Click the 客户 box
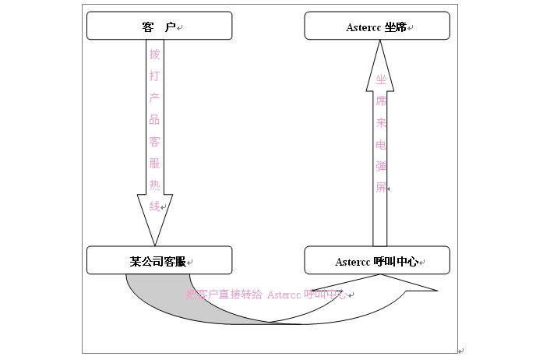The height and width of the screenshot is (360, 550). [x=159, y=26]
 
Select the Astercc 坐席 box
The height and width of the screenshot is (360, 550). [x=377, y=26]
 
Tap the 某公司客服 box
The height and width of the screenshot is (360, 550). [x=159, y=260]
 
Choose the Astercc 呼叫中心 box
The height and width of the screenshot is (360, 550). [x=377, y=260]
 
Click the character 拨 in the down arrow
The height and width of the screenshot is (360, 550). [x=154, y=55]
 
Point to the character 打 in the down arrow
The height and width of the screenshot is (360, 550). [x=154, y=76]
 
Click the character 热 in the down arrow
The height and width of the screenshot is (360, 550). [x=154, y=185]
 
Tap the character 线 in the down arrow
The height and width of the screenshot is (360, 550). [x=154, y=206]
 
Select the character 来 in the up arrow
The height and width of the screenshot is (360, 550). [x=381, y=123]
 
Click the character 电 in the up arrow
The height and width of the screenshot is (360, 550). [x=381, y=144]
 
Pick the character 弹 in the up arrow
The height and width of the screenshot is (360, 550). [x=381, y=166]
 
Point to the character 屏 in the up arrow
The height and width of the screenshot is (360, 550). [x=381, y=188]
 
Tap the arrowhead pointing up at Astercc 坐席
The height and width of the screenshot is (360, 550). [x=379, y=58]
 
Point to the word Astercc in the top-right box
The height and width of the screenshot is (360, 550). [x=363, y=27]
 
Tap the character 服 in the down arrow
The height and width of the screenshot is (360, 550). [x=154, y=164]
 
